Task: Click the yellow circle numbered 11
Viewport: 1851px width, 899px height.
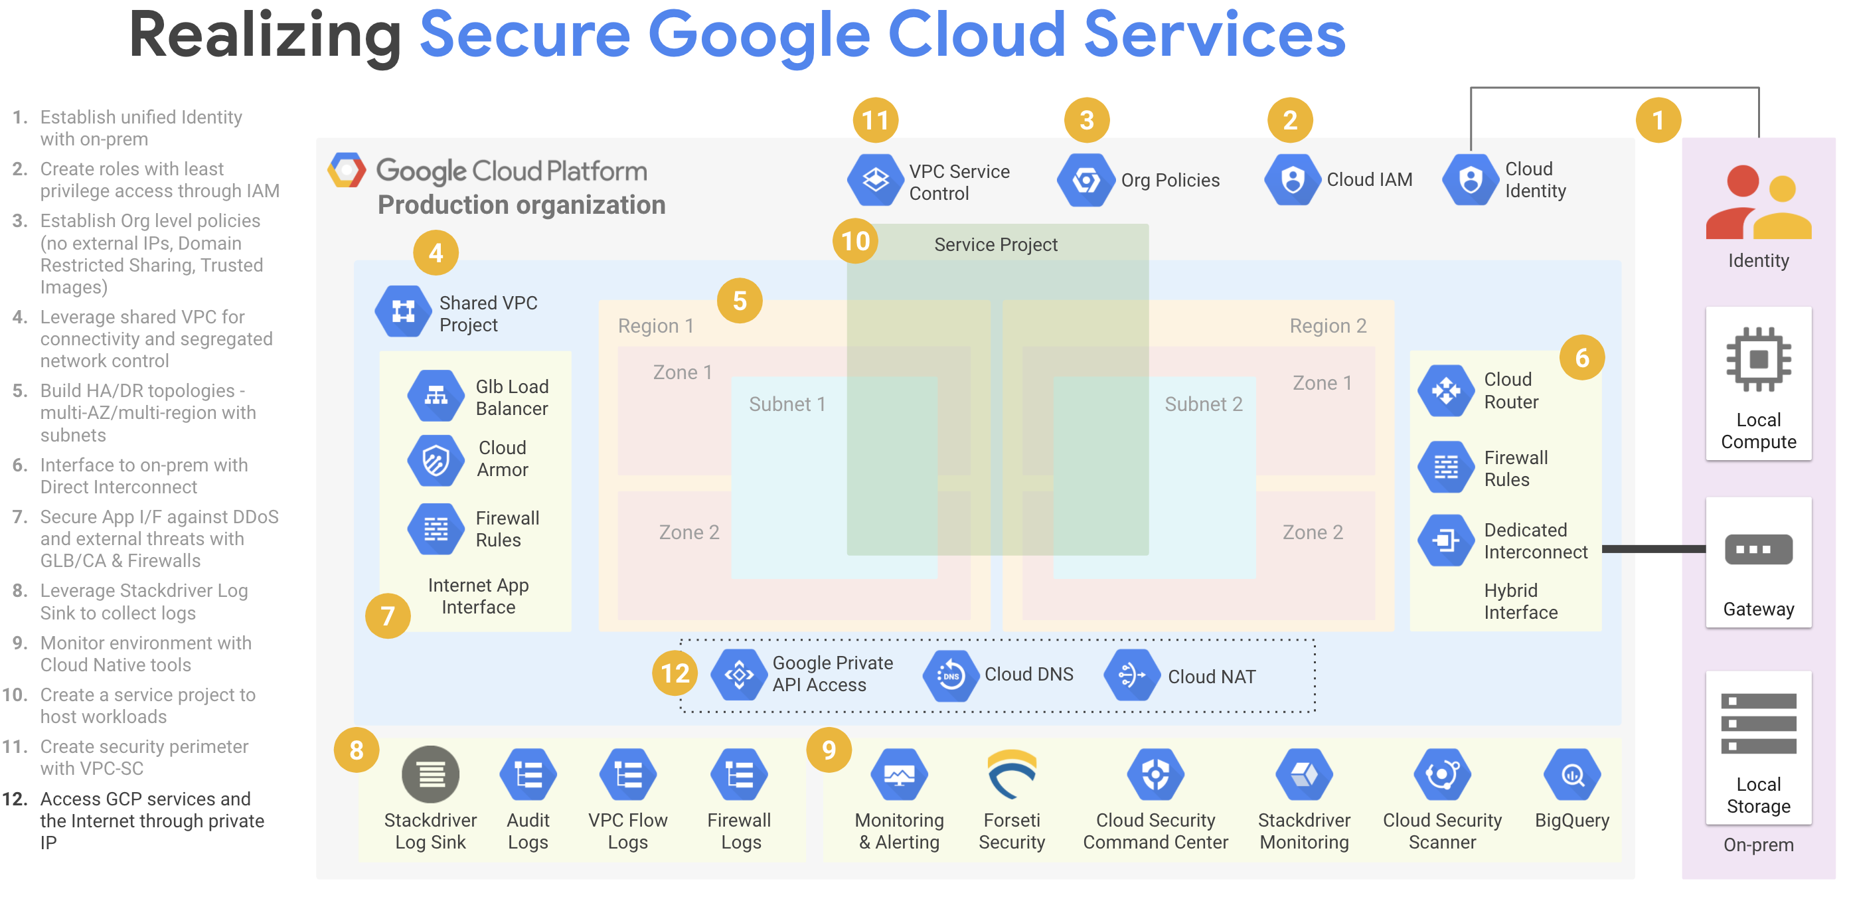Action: [x=875, y=120]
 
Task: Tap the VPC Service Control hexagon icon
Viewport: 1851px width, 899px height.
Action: [x=875, y=180]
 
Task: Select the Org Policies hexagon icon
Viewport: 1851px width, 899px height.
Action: [x=1086, y=180]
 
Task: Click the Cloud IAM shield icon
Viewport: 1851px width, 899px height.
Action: [x=1293, y=180]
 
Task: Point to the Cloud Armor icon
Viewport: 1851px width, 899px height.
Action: [x=436, y=460]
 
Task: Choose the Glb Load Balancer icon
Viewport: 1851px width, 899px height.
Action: [x=436, y=395]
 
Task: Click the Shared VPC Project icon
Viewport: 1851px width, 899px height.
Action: [x=403, y=311]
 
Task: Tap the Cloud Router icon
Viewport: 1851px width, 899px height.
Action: [x=1446, y=391]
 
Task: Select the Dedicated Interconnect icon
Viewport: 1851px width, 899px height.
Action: [x=1446, y=540]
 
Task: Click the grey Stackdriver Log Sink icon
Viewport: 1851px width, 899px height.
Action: [x=430, y=775]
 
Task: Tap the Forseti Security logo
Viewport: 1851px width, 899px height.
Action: [x=1012, y=775]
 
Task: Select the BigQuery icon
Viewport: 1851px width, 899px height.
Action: [x=1571, y=775]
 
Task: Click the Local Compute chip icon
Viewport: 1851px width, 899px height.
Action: [x=1758, y=359]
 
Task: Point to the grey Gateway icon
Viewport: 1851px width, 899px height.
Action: [x=1758, y=550]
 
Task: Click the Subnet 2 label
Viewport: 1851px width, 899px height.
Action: [x=1203, y=404]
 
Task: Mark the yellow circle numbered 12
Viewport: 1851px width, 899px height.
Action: [x=675, y=673]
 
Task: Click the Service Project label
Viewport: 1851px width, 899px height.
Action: [x=995, y=245]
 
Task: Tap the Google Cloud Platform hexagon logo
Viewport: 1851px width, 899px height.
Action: [x=347, y=171]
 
